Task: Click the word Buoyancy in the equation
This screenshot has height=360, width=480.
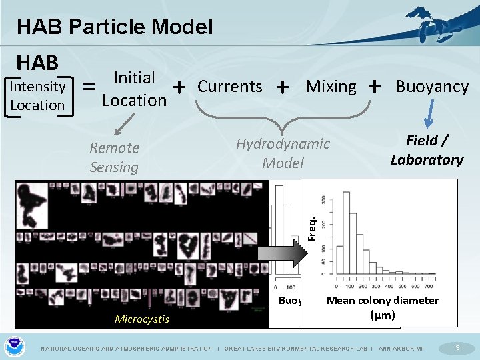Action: (432, 87)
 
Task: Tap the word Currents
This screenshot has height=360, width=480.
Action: (230, 86)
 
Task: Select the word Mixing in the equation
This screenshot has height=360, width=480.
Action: (331, 86)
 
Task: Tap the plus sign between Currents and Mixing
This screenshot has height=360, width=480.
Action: (283, 87)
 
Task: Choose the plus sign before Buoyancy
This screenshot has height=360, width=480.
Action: (375, 86)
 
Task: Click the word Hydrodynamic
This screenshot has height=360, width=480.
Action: (283, 144)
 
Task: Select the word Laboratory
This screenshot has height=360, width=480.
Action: (427, 160)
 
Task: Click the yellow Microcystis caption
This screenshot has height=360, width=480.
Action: (142, 319)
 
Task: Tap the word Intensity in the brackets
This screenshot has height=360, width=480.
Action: (37, 86)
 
